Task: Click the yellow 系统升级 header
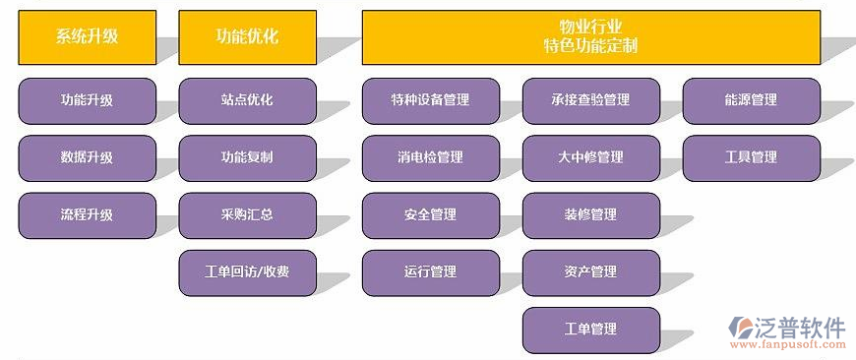[87, 37]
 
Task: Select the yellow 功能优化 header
[247, 37]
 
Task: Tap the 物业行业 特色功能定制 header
[590, 37]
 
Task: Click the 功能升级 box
[87, 100]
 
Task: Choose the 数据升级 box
[87, 157]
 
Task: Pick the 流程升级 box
[87, 214]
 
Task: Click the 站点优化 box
[247, 100]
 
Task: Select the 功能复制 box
[247, 157]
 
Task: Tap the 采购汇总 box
[247, 214]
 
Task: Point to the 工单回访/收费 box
[247, 272]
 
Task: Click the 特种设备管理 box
[430, 100]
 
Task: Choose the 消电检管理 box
[430, 157]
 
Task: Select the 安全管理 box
[430, 214]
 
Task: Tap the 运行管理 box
[430, 272]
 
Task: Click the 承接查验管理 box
[590, 100]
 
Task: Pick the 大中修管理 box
[590, 157]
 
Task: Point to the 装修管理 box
[590, 214]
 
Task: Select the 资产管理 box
[590, 272]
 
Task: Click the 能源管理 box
[751, 100]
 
